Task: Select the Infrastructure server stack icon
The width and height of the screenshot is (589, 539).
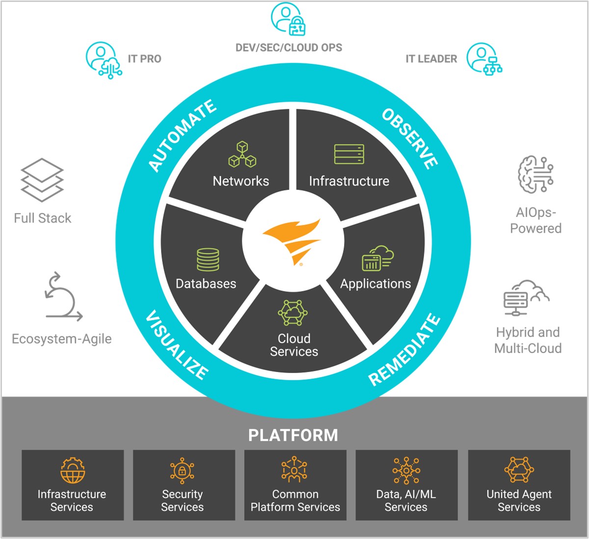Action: click(x=349, y=154)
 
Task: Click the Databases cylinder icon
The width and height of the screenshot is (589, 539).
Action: click(x=208, y=260)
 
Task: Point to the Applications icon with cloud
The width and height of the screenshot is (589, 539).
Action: click(x=377, y=259)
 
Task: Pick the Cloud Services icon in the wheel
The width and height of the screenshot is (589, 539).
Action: click(x=293, y=313)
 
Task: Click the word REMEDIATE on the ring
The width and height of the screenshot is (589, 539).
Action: click(x=404, y=349)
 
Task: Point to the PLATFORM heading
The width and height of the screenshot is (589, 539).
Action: click(x=293, y=435)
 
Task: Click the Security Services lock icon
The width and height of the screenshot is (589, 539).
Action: click(x=182, y=471)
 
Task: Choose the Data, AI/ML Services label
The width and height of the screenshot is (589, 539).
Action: click(x=406, y=501)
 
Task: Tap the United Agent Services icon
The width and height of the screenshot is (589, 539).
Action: click(x=519, y=470)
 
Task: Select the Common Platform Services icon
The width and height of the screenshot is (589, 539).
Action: click(x=294, y=470)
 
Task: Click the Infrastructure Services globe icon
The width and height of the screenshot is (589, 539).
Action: click(x=73, y=471)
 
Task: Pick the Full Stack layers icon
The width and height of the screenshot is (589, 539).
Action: click(x=42, y=180)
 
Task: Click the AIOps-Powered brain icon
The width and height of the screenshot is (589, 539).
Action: click(x=535, y=175)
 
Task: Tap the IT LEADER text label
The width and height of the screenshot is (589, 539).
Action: click(x=431, y=59)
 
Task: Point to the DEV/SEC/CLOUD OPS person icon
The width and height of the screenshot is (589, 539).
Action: click(x=288, y=19)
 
